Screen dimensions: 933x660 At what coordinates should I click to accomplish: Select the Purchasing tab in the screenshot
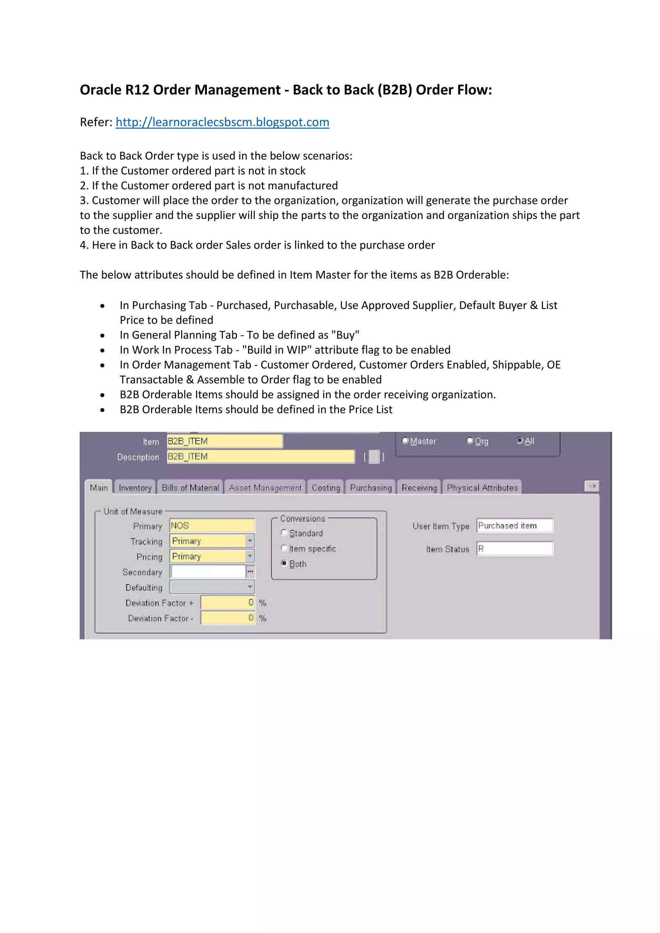coord(371,488)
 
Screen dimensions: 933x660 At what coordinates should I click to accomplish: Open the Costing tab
coord(326,488)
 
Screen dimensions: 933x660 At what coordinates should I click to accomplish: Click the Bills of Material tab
coord(190,488)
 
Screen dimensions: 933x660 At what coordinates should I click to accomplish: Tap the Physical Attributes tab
coord(482,488)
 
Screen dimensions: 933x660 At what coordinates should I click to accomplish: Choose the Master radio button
coord(405,441)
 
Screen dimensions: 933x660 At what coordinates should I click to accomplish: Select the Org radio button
coord(470,441)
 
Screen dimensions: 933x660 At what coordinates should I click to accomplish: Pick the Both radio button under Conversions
coord(284,563)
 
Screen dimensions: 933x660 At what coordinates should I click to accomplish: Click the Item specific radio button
coord(284,548)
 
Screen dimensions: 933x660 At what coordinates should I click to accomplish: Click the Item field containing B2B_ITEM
coord(224,441)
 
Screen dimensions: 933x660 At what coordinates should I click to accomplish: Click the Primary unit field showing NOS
coord(212,525)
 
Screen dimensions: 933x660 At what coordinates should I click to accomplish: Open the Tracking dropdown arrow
coord(250,541)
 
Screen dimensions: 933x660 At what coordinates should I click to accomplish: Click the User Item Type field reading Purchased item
coord(515,525)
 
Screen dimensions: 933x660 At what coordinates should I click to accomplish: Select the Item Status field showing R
coord(515,549)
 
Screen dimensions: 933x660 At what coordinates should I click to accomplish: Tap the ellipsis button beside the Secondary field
coord(250,572)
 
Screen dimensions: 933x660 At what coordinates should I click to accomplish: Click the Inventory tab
coord(135,488)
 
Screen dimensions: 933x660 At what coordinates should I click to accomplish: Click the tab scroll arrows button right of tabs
coord(592,486)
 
